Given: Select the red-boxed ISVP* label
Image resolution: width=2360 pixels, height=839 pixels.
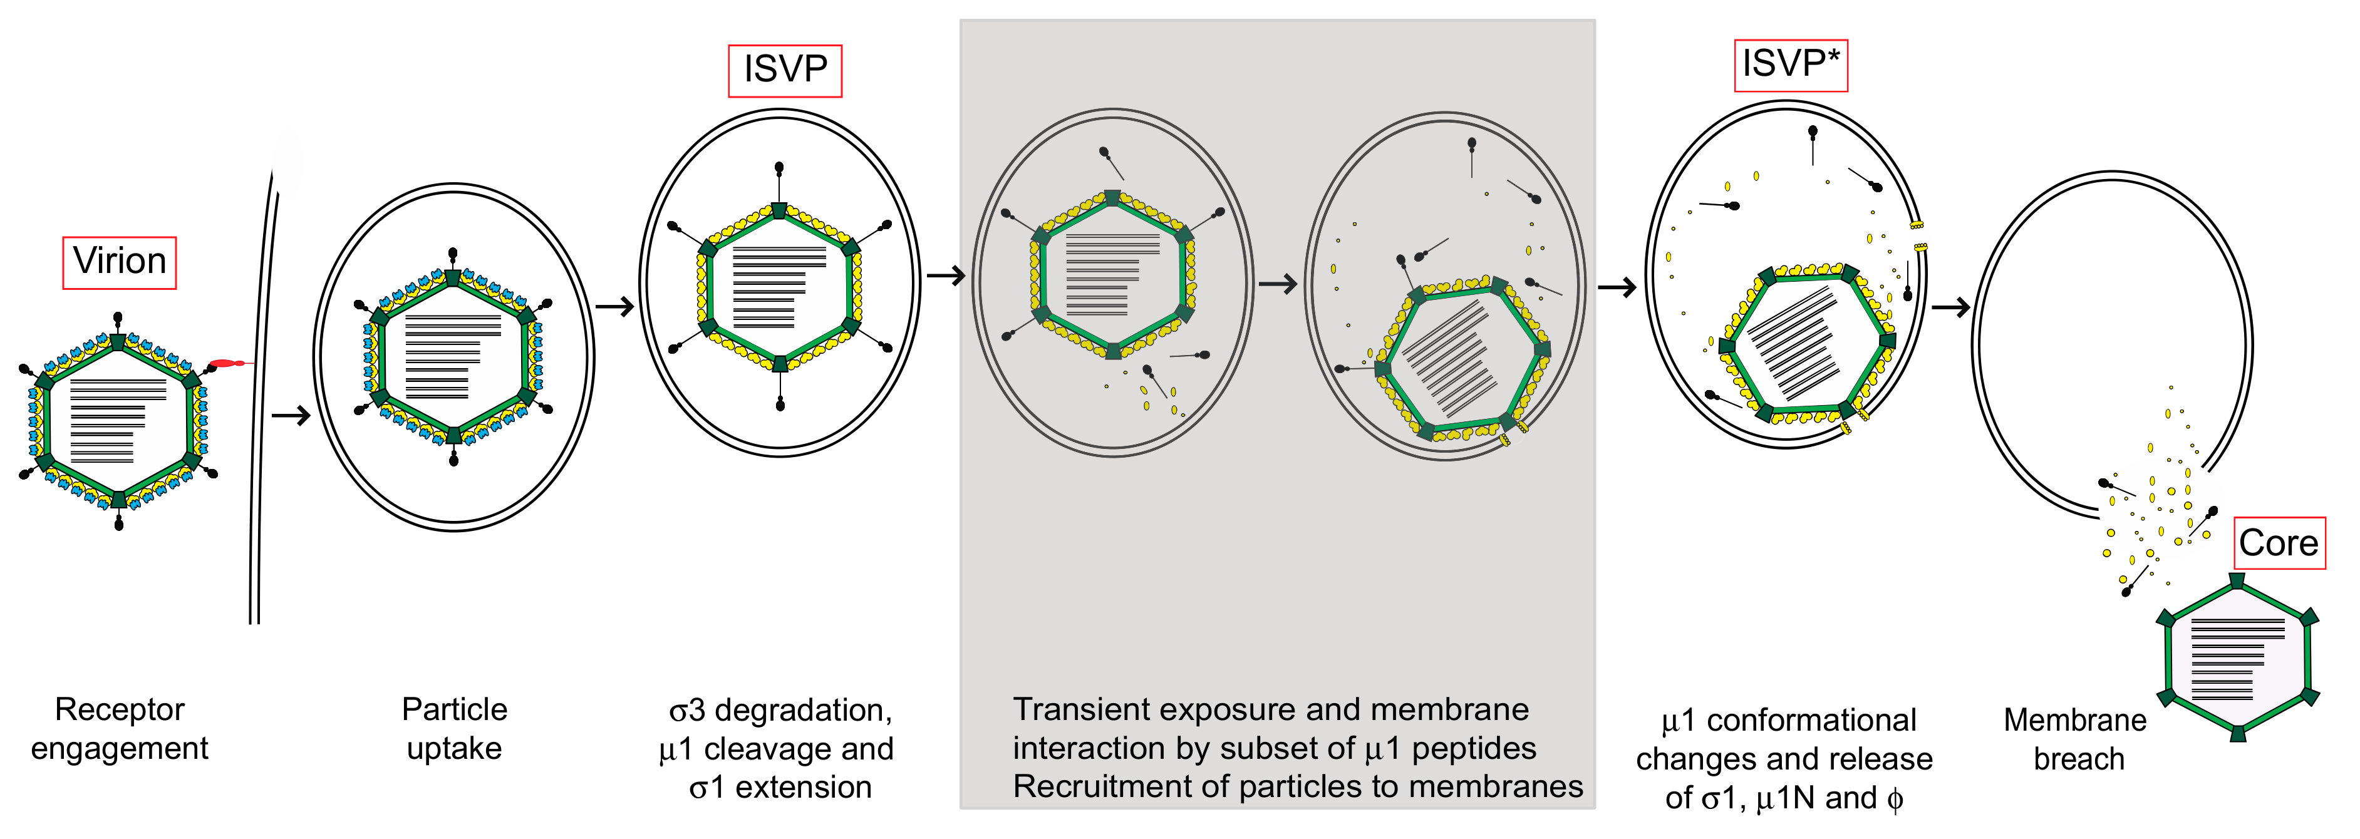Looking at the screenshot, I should [x=1790, y=65].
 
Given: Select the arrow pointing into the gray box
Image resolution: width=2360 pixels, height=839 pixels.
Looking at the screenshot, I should [x=946, y=275].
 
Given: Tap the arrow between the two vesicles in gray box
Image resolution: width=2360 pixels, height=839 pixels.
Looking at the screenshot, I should [x=1278, y=285].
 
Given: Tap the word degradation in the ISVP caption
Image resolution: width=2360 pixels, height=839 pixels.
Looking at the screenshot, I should [x=802, y=710].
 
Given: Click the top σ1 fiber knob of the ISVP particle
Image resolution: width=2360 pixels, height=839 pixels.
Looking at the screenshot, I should [x=780, y=168].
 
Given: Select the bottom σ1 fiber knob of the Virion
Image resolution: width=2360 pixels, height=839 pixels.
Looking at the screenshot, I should [x=119, y=524].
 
